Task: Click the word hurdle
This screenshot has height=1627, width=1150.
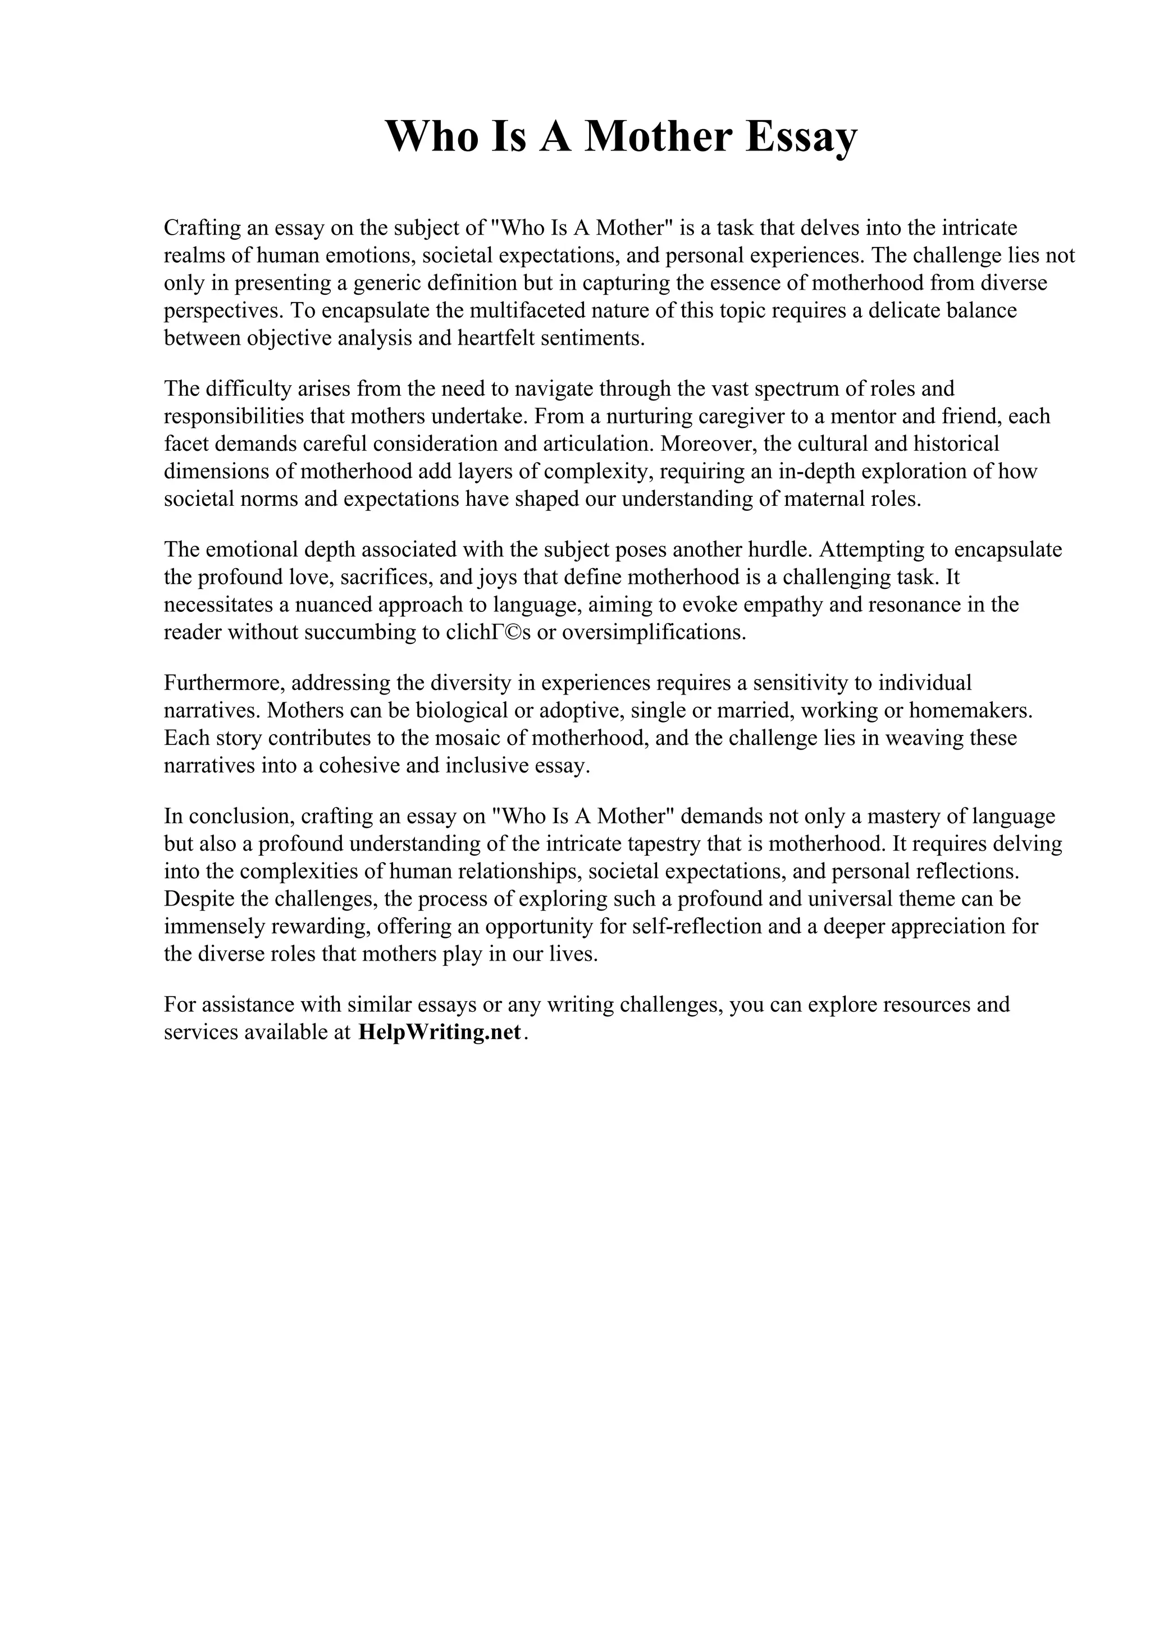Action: click(779, 550)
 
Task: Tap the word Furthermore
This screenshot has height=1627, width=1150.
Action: click(224, 683)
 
